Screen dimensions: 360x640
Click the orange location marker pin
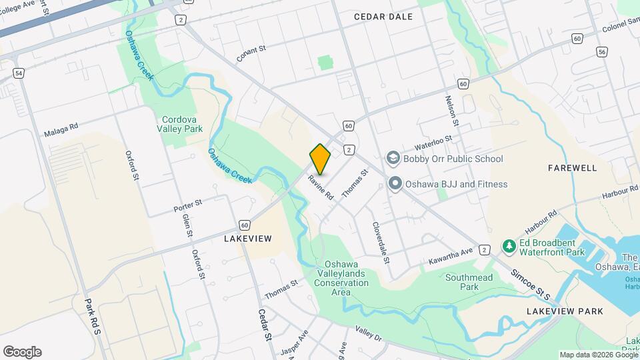[x=321, y=159]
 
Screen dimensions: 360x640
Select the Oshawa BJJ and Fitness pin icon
[x=394, y=184]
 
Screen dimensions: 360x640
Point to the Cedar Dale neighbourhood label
[x=383, y=17]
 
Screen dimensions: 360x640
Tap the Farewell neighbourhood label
[x=573, y=168]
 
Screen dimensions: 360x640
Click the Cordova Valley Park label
[x=180, y=124]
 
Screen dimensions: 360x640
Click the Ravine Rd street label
[x=320, y=187]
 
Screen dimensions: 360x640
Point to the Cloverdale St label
[x=380, y=243]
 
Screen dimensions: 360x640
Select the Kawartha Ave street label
[x=451, y=251]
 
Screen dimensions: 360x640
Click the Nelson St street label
[x=452, y=110]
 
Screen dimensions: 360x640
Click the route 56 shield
[x=603, y=51]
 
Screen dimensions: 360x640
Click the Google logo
[x=22, y=352]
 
